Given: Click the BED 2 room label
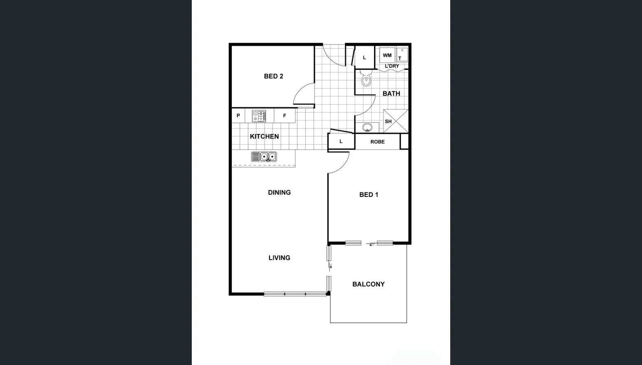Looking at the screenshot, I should (273, 76).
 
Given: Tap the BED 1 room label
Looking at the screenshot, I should (368, 194).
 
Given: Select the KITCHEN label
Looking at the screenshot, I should (264, 136).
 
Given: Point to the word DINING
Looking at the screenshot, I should (279, 192).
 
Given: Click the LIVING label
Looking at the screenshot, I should (279, 258).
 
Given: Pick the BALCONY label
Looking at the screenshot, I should (368, 284).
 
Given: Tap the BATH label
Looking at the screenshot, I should (391, 94).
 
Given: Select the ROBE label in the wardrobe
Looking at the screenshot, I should (377, 142).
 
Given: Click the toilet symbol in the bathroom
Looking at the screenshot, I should (366, 79).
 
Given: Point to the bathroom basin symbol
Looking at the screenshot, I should (367, 127).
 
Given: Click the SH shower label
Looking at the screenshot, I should (388, 122).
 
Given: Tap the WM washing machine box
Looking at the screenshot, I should (387, 55).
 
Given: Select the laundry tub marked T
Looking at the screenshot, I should (402, 55).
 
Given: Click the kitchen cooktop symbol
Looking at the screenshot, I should (259, 116).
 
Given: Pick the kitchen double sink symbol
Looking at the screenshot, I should (264, 157).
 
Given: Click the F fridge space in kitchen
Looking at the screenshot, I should (284, 116).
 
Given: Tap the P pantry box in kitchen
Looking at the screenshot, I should (238, 116).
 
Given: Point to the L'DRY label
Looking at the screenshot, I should (392, 66).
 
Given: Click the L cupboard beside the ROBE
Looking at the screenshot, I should (341, 141).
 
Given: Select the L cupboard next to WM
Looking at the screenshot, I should (364, 58).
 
